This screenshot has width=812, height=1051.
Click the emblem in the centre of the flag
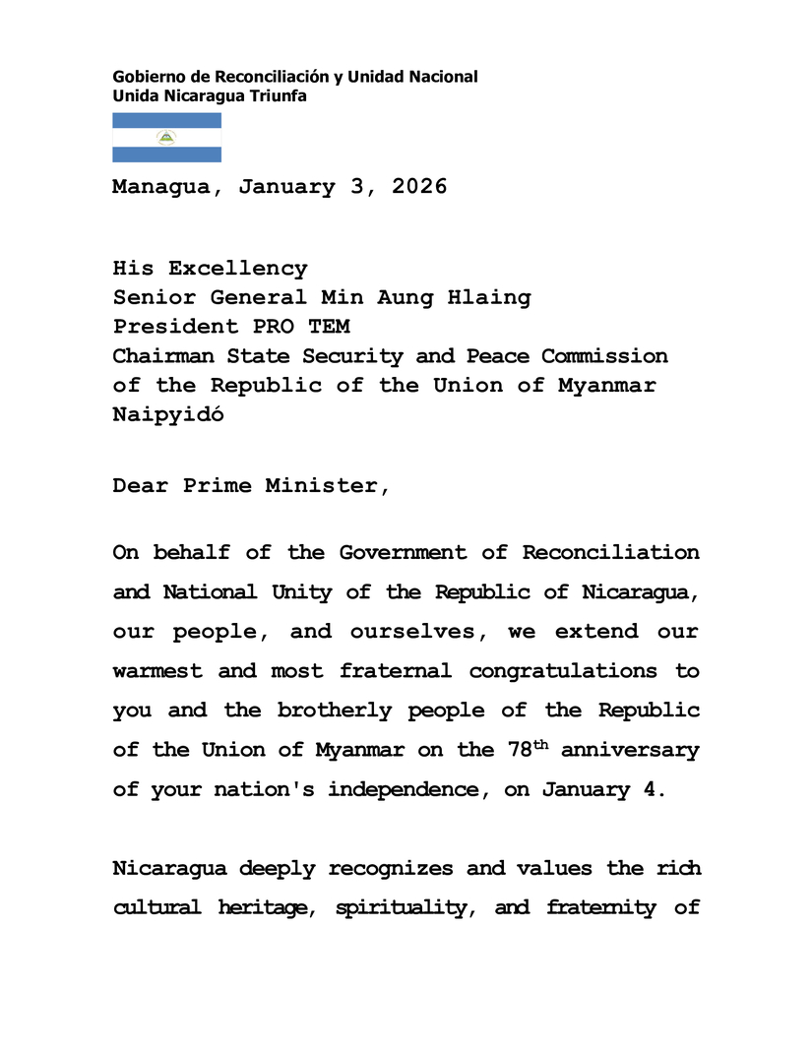click(166, 138)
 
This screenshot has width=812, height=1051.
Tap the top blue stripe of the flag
click(166, 120)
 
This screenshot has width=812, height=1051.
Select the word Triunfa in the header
click(278, 95)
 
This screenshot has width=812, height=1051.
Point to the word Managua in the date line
click(160, 187)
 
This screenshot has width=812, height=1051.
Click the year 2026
click(419, 187)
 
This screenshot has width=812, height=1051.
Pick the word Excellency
click(237, 269)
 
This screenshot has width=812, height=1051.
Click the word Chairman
click(160, 356)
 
